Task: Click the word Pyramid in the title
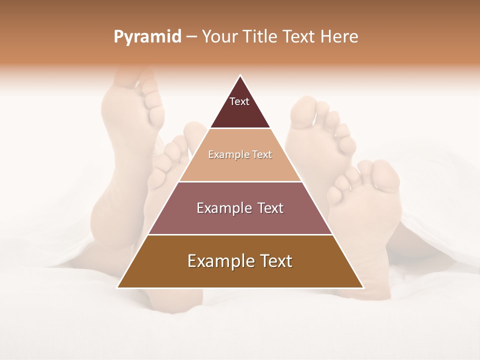[147, 37]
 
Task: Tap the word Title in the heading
[261, 37]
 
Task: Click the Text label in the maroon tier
[239, 101]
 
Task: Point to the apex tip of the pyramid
[240, 75]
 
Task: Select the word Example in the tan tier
[227, 154]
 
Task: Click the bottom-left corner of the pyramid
[117, 287]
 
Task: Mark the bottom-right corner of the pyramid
[363, 287]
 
